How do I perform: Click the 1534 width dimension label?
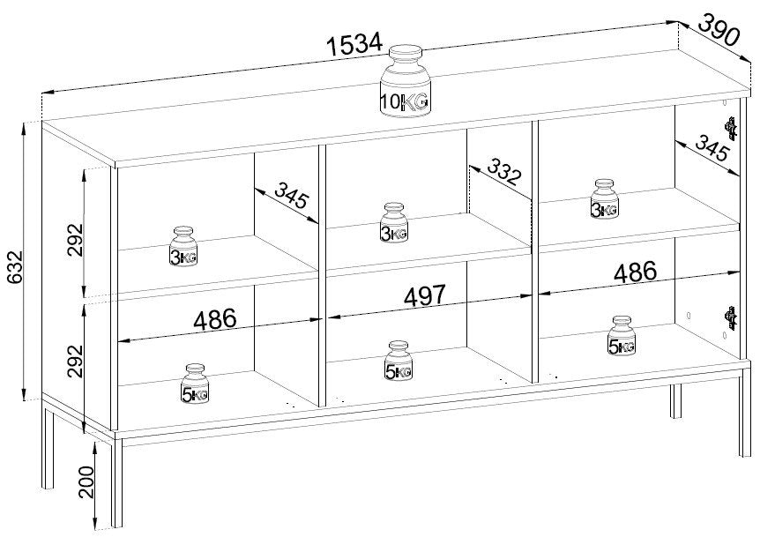click(354, 44)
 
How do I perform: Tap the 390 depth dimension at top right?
click(720, 30)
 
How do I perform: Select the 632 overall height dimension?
click(15, 274)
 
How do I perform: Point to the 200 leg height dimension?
click(86, 482)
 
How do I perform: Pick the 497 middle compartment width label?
click(424, 295)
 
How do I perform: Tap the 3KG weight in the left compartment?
click(183, 246)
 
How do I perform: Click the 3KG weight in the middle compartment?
click(394, 222)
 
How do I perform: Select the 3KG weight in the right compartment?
click(605, 198)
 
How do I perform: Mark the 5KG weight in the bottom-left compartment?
click(195, 383)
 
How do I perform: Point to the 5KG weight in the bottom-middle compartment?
click(399, 361)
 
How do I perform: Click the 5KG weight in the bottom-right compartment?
click(622, 335)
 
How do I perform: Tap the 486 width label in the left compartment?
click(215, 319)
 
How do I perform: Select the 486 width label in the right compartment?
click(635, 272)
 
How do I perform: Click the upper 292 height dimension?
click(75, 240)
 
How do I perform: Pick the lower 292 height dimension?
click(75, 361)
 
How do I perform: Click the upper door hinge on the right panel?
click(730, 128)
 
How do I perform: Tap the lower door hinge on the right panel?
click(730, 318)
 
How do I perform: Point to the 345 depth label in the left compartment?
click(291, 196)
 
